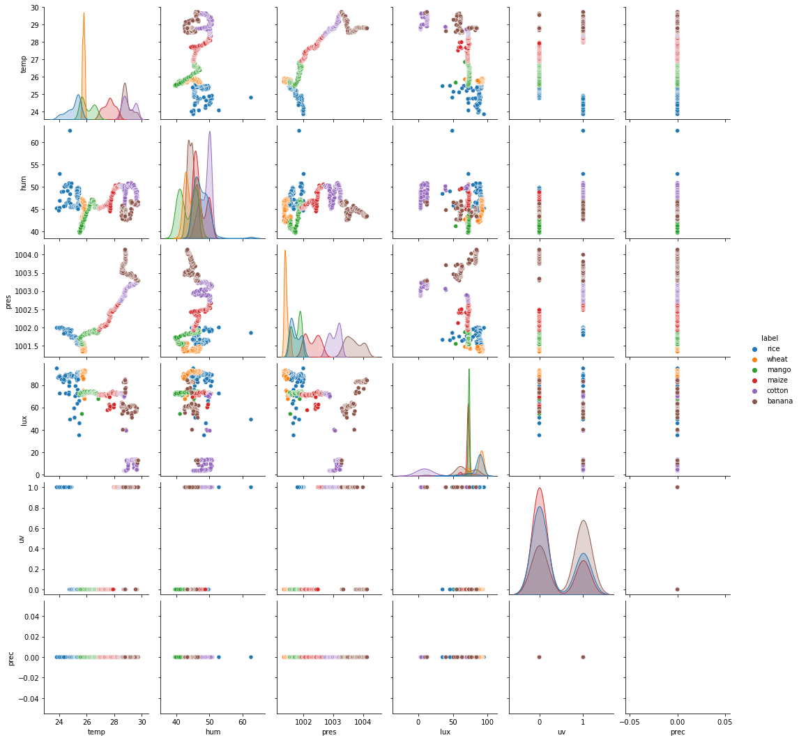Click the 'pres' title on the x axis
pos(333,732)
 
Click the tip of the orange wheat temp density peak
pos(84,13)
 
